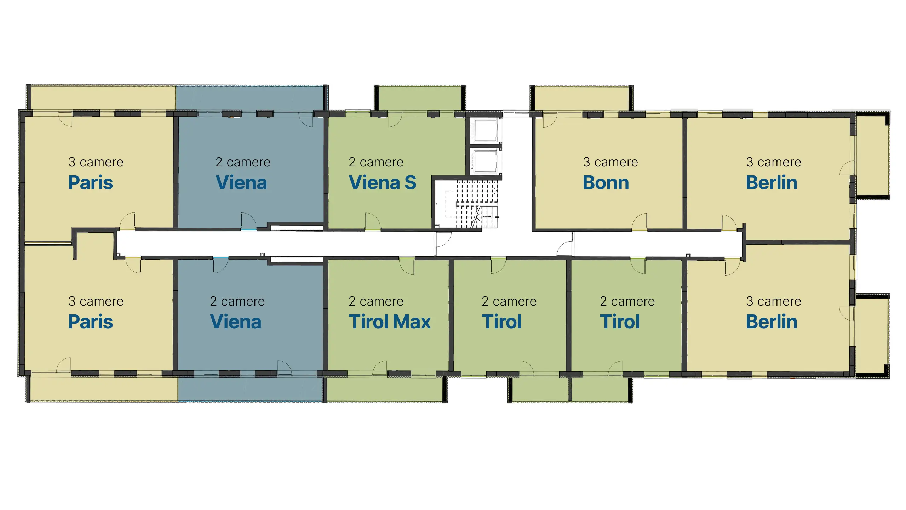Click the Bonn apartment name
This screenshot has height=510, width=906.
(606, 183)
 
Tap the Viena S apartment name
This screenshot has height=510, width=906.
(383, 183)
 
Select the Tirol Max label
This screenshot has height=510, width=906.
(390, 322)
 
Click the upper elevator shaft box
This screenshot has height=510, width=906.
(486, 130)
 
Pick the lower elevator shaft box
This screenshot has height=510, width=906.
(486, 161)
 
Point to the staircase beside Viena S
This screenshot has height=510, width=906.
(468, 204)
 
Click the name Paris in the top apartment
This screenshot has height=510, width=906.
(91, 183)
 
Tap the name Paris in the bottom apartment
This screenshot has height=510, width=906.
(91, 322)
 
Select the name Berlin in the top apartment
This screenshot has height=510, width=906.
(772, 183)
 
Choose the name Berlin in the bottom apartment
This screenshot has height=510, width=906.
(772, 322)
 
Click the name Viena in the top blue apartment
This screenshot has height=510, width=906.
(241, 183)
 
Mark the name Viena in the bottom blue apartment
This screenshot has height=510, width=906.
(236, 322)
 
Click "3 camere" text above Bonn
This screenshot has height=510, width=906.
(610, 162)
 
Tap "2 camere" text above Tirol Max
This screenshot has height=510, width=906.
(376, 301)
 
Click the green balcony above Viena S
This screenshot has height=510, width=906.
(420, 98)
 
